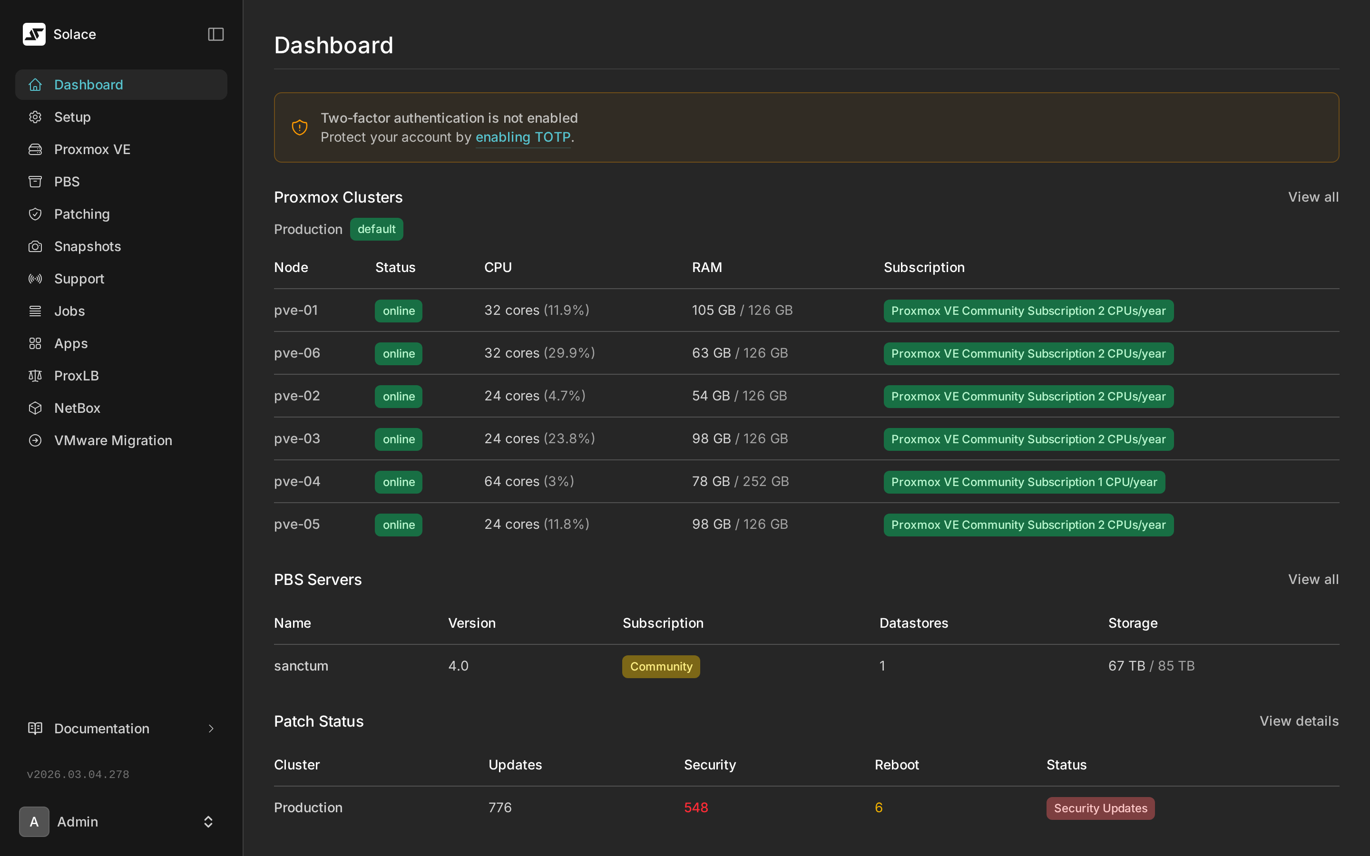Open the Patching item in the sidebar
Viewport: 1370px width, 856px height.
point(81,214)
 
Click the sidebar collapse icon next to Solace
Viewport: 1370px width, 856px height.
point(215,35)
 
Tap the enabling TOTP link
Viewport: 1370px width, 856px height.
point(522,137)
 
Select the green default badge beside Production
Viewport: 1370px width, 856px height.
point(376,229)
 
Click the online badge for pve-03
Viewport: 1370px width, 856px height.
point(399,439)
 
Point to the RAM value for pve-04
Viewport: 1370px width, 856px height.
point(740,482)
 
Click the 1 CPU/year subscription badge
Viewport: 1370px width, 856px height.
point(1024,482)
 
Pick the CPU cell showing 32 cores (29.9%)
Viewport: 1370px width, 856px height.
point(539,353)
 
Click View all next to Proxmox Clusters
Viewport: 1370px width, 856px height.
point(1313,197)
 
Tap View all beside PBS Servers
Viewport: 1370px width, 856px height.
point(1313,579)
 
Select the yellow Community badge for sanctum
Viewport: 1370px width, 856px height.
point(661,666)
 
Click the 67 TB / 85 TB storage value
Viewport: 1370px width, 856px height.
point(1151,666)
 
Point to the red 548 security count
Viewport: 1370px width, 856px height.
point(696,808)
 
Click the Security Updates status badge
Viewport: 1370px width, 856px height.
point(1100,808)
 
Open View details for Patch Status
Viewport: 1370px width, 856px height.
point(1299,721)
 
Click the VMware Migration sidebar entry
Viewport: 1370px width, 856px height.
point(113,440)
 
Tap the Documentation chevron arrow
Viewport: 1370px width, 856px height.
point(211,729)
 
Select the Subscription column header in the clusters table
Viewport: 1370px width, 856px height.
point(924,267)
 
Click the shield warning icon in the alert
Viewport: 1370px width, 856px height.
point(300,127)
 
